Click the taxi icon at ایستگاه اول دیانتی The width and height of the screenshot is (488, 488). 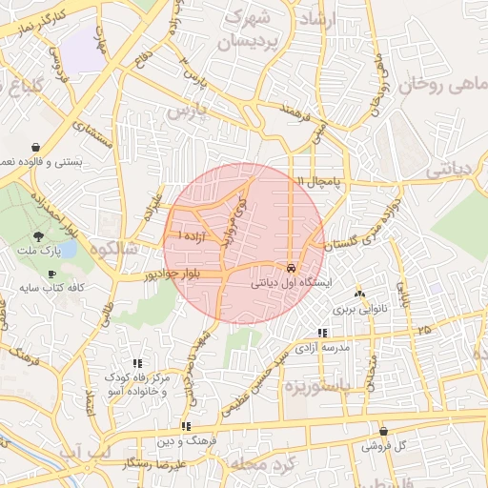click(291, 267)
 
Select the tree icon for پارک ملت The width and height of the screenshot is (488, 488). click(39, 235)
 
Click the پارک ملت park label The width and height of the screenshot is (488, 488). click(38, 252)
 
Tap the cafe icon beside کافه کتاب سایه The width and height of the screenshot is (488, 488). click(51, 274)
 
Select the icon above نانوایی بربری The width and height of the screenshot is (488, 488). click(359, 295)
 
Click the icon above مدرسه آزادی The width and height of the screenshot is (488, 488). click(321, 333)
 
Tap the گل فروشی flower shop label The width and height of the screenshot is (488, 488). click(384, 446)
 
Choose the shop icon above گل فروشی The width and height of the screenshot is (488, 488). click(383, 431)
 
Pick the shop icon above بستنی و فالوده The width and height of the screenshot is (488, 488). click(35, 148)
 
